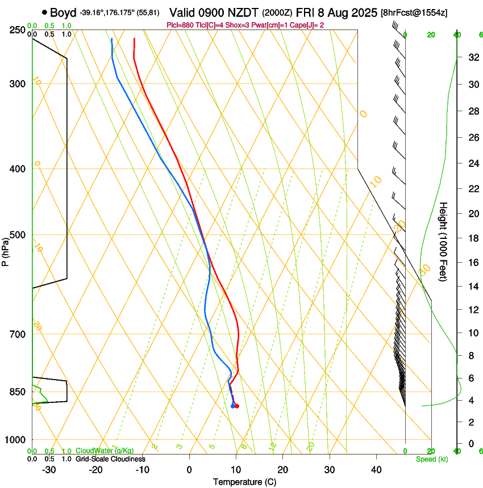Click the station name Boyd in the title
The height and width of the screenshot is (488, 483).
point(63,12)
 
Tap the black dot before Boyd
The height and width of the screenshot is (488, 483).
point(44,12)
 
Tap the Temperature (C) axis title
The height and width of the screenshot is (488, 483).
point(244,482)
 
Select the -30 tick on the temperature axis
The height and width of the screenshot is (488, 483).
point(48,470)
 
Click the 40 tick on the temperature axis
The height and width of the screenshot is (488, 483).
point(376,470)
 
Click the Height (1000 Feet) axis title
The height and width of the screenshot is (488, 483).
point(443,241)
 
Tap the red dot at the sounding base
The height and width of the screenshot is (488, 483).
point(237,406)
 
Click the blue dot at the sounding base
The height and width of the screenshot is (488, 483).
point(233,406)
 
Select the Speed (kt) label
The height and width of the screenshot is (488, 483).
point(431,459)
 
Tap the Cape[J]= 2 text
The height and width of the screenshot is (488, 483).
point(309,25)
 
